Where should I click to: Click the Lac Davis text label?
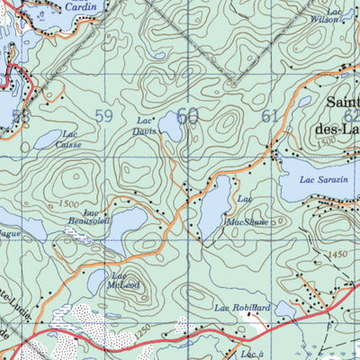(145, 125)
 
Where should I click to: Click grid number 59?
(104, 115)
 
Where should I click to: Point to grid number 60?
(187, 115)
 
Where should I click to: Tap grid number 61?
(270, 115)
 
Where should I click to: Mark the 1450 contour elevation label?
(338, 256)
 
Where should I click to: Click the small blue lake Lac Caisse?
(45, 140)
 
